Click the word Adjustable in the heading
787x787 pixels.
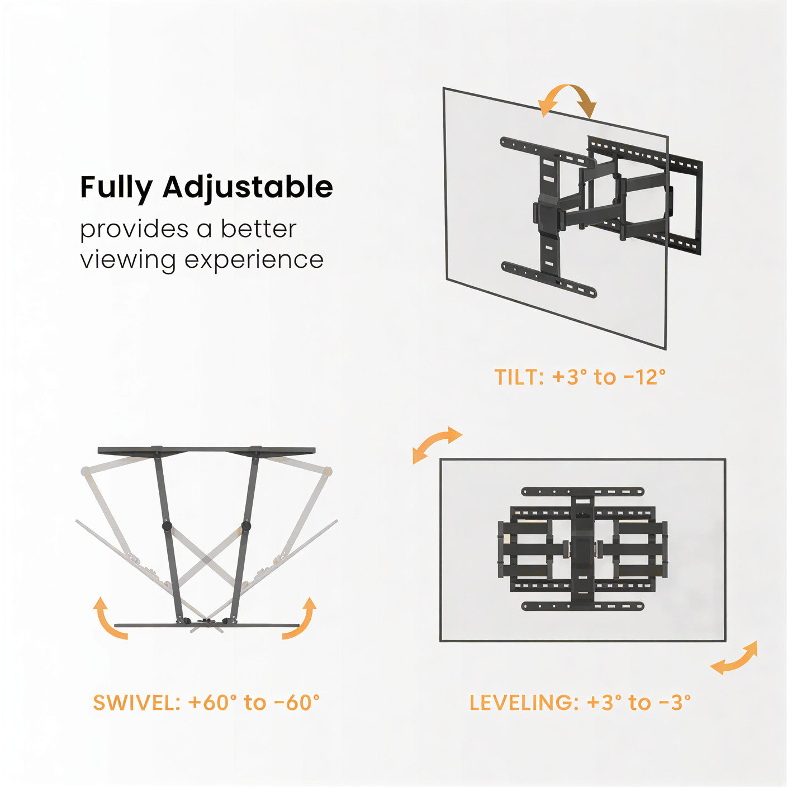pos(248,187)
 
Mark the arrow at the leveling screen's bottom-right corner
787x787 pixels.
pos(734,658)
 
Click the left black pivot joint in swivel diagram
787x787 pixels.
pos(166,527)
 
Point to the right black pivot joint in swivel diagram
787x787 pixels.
pos(245,527)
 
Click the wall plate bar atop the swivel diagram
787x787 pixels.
pos(206,451)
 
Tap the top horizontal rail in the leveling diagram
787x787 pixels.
pos(582,492)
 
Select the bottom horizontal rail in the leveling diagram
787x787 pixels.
pos(582,606)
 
